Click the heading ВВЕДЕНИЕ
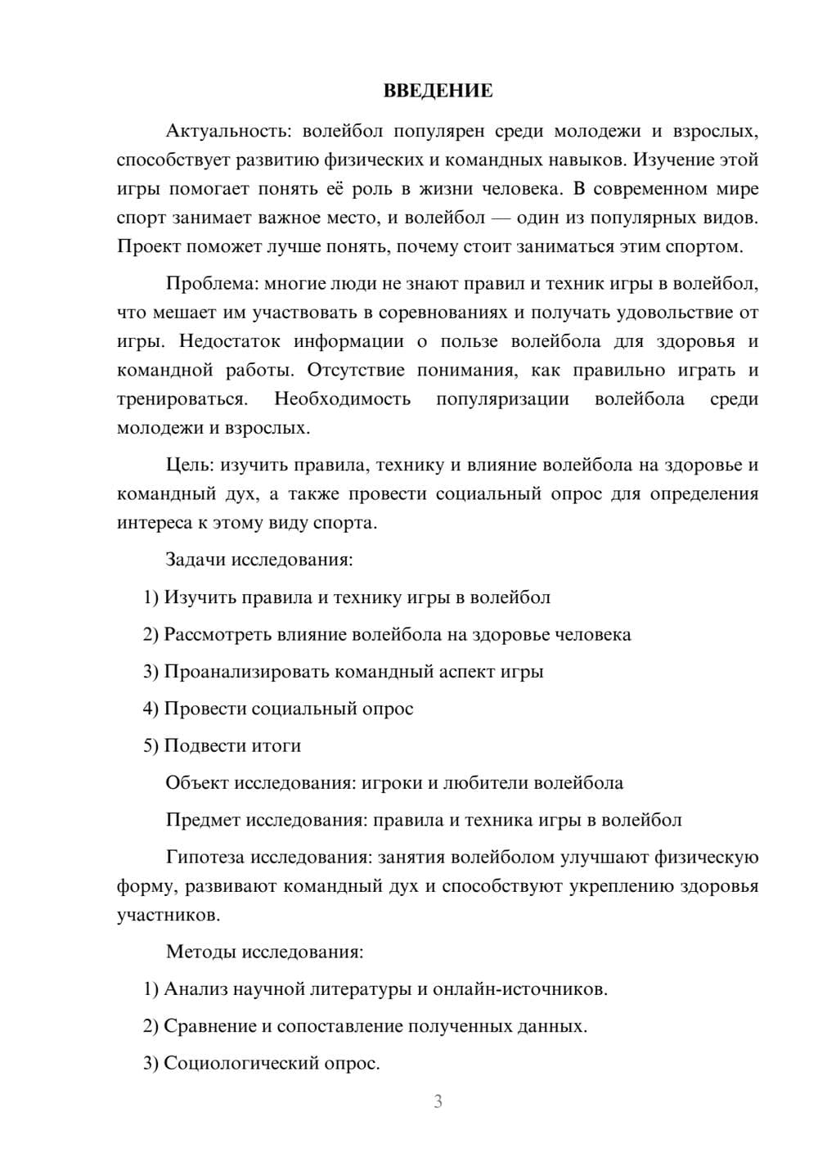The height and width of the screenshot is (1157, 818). (438, 91)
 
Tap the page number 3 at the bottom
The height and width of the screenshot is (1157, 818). (438, 1101)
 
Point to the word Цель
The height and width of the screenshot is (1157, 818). (189, 466)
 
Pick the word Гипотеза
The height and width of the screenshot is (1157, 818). (205, 858)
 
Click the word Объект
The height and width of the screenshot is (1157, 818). (197, 783)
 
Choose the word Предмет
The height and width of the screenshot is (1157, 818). (203, 820)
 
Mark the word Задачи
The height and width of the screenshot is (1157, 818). (196, 560)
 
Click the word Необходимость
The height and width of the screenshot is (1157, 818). (342, 399)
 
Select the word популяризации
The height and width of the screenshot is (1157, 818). (502, 399)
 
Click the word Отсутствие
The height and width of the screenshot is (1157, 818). (356, 370)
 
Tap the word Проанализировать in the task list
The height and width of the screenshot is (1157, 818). (249, 672)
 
